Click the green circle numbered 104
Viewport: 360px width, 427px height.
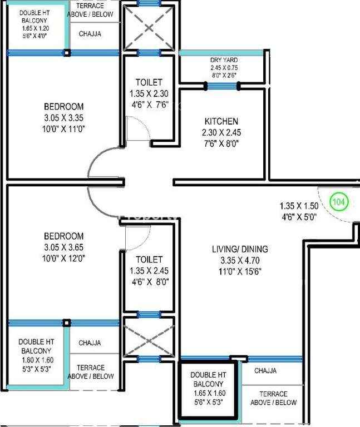[x=339, y=202]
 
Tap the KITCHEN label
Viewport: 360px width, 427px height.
[x=221, y=121]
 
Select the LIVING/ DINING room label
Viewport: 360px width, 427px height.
[x=240, y=249]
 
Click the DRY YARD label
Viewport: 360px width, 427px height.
[x=224, y=60]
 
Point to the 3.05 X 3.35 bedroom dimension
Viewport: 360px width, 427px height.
[x=64, y=118]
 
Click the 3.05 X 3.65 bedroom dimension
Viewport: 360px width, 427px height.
[x=64, y=247]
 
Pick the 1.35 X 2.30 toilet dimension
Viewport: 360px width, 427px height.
[x=149, y=93]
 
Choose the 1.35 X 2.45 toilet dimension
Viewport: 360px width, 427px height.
[x=149, y=271]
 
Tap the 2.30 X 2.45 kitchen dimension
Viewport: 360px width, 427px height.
[x=221, y=133]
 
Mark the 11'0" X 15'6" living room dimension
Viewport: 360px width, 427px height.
[x=240, y=271]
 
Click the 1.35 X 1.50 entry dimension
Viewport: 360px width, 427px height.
[x=299, y=206]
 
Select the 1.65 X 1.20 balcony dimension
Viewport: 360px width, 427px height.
[x=36, y=28]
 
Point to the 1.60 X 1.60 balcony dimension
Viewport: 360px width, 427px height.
[x=38, y=360]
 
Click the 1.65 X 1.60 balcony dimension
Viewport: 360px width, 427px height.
[x=210, y=393]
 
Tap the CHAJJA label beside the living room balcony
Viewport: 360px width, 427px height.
[x=265, y=371]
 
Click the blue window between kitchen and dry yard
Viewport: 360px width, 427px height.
[x=222, y=86]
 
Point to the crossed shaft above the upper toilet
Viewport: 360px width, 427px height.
[x=149, y=28]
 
